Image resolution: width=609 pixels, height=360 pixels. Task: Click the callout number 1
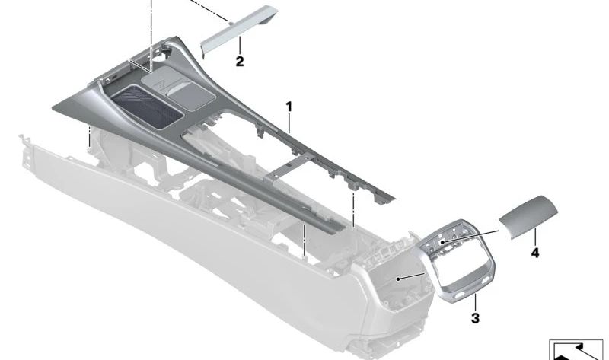click(289, 106)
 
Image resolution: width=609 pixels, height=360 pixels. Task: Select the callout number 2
click(240, 62)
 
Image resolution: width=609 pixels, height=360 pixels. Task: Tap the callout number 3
click(476, 318)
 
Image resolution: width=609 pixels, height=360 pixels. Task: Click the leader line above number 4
click(535, 237)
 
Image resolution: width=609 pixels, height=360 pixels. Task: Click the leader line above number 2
click(240, 46)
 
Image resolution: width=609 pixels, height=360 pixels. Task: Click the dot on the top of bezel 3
click(442, 241)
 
